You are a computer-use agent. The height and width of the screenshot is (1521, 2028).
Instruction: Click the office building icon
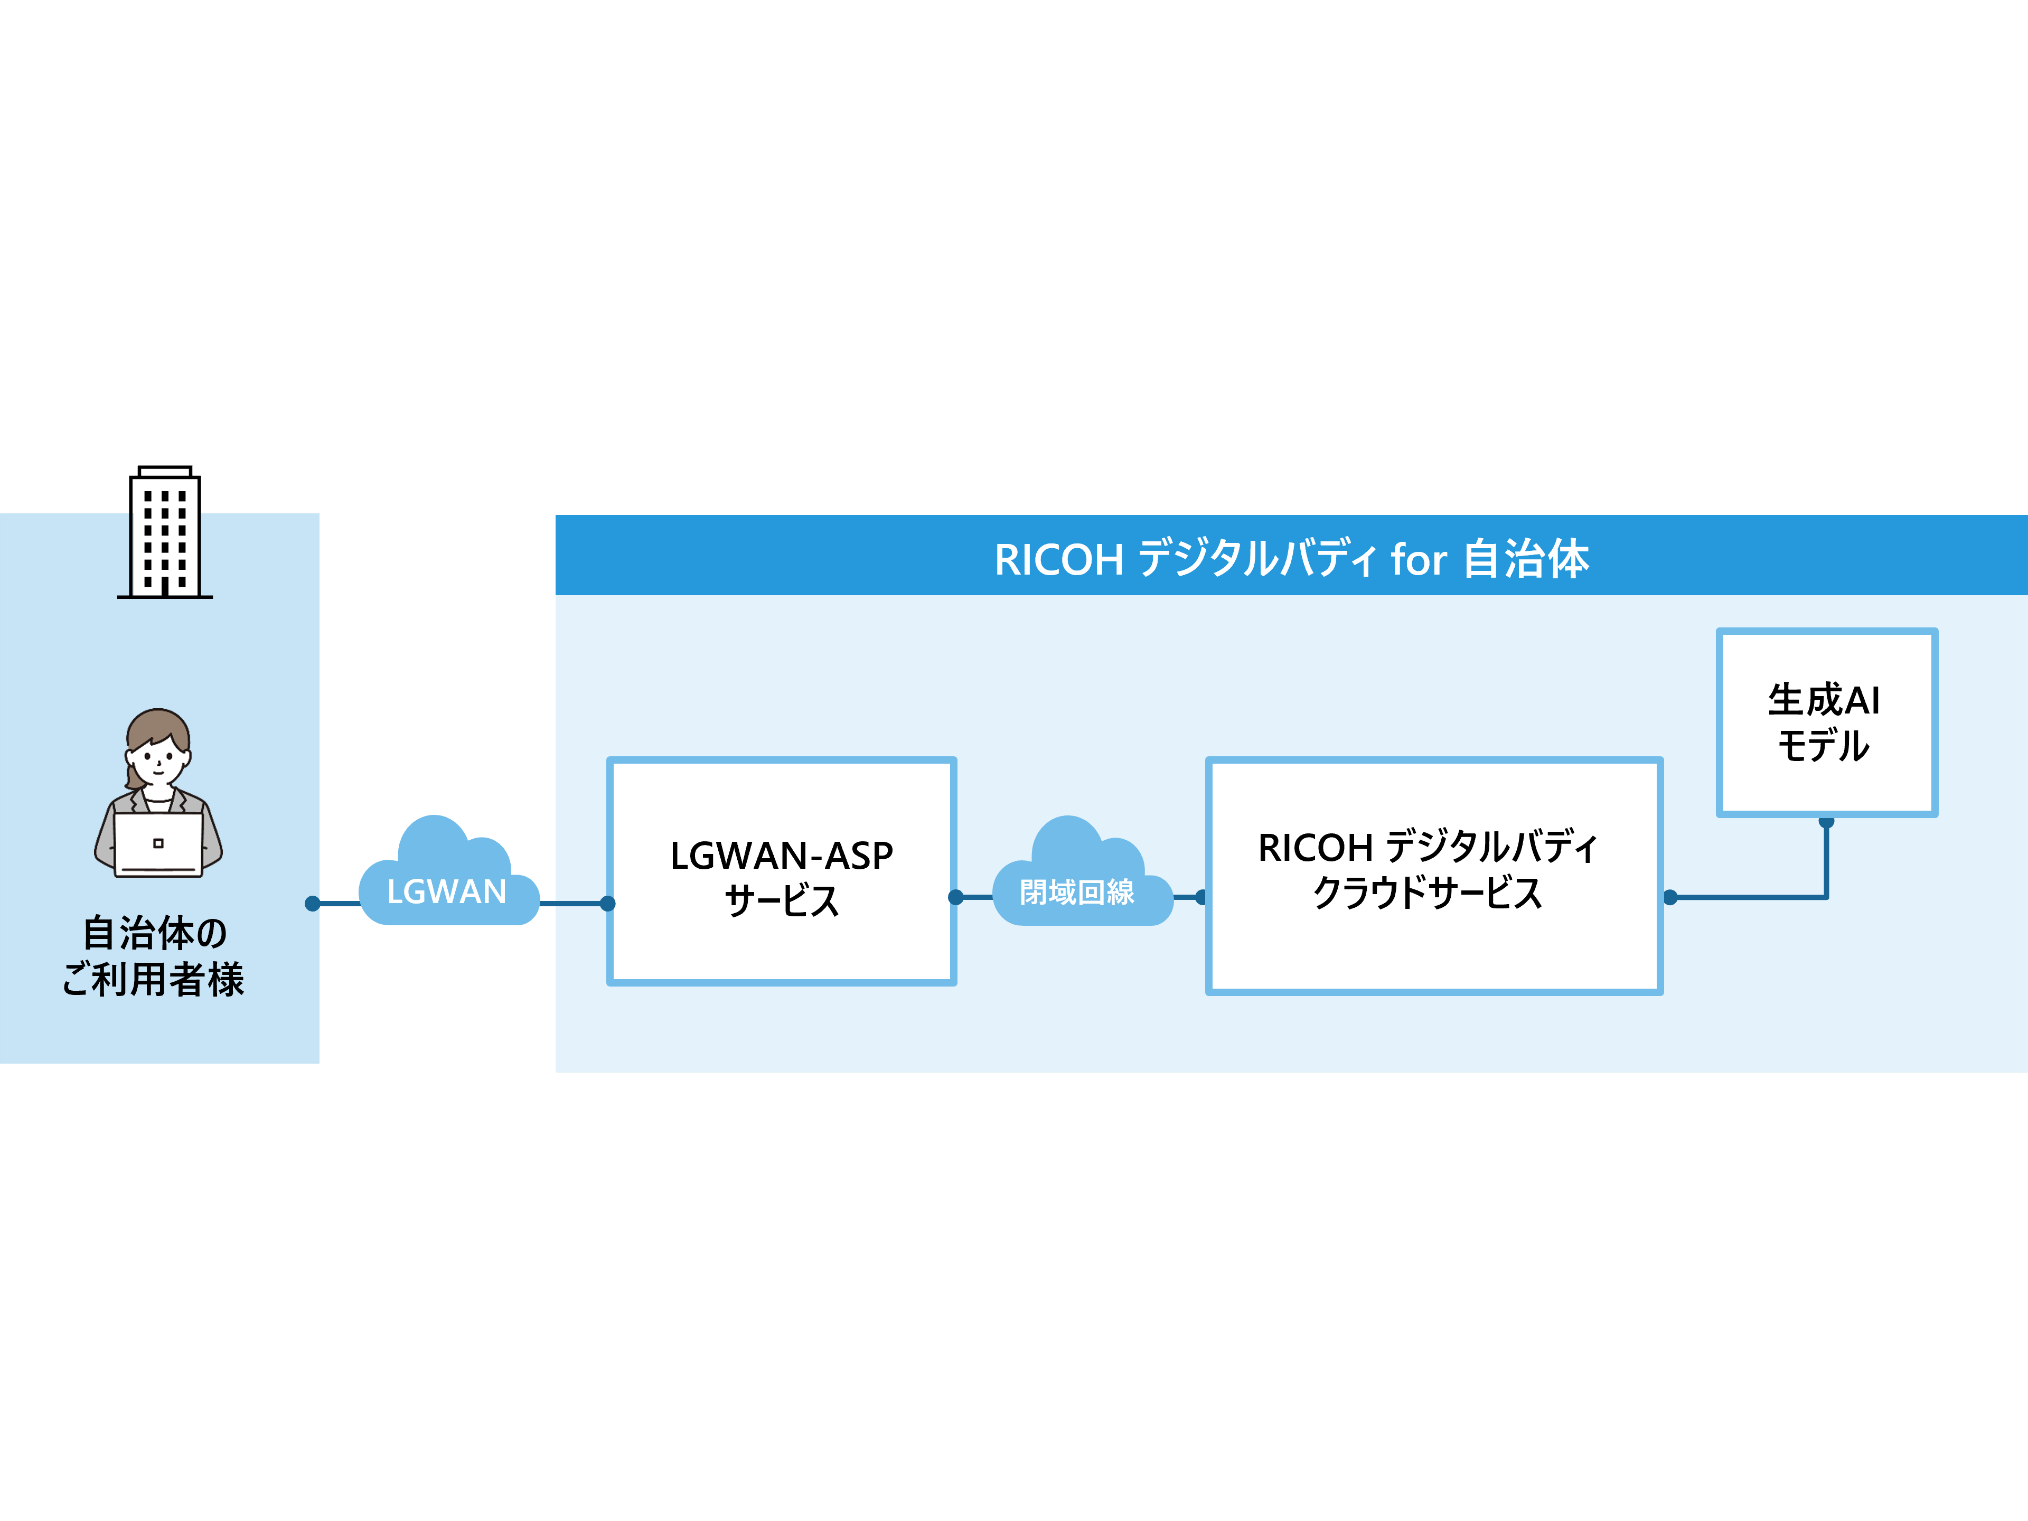165,539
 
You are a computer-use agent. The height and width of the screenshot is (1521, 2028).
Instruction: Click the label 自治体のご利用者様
154,955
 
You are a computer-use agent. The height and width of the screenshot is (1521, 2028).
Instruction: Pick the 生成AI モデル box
1826,722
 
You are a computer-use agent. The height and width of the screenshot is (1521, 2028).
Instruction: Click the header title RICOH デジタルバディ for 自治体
1291,558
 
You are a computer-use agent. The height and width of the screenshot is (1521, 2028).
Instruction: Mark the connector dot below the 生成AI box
1826,821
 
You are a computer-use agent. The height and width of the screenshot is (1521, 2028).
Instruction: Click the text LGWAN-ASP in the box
781,856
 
